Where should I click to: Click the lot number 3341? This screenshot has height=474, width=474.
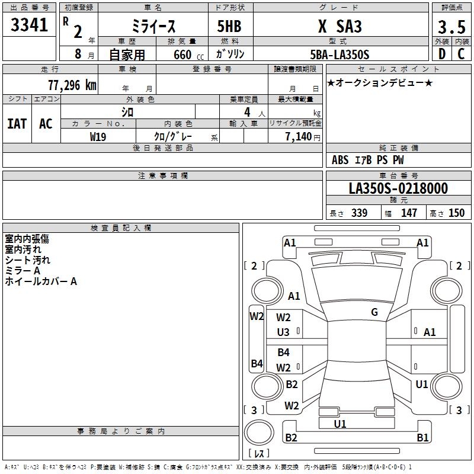[x=29, y=25]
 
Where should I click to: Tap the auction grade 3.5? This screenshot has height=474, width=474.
[x=451, y=27]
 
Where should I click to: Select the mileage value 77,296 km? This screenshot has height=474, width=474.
[x=72, y=85]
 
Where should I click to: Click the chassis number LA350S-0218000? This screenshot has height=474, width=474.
[x=398, y=188]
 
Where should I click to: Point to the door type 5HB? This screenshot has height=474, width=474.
[x=229, y=26]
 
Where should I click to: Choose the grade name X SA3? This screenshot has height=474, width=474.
[x=340, y=26]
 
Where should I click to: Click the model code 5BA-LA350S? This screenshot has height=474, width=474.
[x=340, y=55]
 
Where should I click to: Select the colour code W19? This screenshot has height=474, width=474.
[x=98, y=137]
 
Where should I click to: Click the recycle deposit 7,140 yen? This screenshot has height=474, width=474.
[x=303, y=137]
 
